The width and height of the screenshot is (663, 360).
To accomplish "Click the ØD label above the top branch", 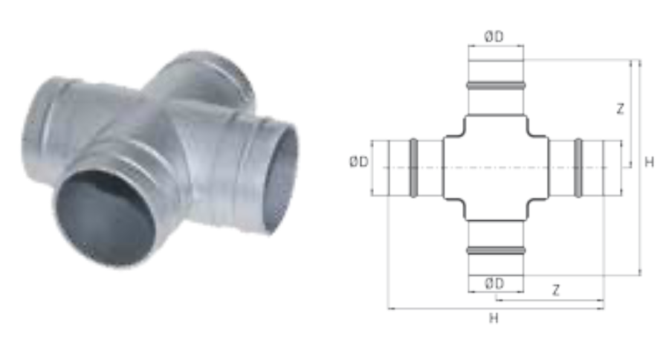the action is [494, 36].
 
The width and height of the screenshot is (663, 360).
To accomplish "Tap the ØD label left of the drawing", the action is [358, 161].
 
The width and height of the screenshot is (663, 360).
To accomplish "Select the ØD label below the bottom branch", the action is [494, 283].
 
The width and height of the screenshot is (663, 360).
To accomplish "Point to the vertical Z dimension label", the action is [620, 109].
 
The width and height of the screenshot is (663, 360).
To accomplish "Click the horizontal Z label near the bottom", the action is [556, 290].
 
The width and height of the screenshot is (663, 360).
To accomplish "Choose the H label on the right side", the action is [649, 162].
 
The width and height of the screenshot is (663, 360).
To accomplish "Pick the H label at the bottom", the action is [494, 318].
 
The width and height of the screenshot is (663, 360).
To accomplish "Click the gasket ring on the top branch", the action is [496, 86].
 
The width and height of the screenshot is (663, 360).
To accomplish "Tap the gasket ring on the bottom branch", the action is [496, 251].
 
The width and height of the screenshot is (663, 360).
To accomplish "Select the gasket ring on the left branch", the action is [414, 167].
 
